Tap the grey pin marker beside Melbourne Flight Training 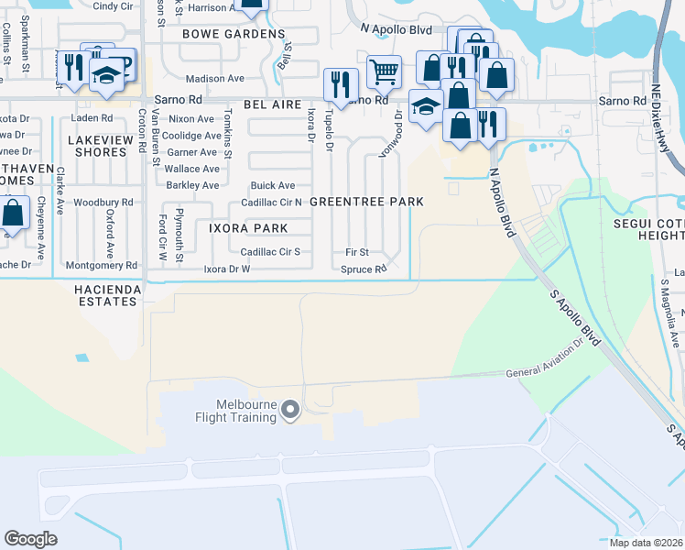290,411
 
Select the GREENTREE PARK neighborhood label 366,202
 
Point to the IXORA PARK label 247,228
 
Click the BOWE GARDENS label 234,34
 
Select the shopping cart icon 385,70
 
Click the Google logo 31,539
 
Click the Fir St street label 357,251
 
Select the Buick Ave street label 273,185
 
